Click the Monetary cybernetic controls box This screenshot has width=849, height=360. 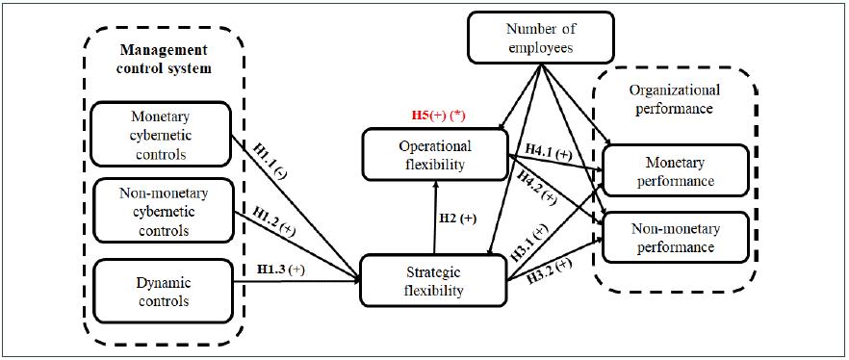click(160, 135)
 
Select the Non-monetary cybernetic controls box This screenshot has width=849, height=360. click(160, 211)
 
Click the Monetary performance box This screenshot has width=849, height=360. click(674, 170)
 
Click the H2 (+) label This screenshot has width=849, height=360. click(457, 219)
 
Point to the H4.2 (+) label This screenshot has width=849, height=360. click(536, 186)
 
